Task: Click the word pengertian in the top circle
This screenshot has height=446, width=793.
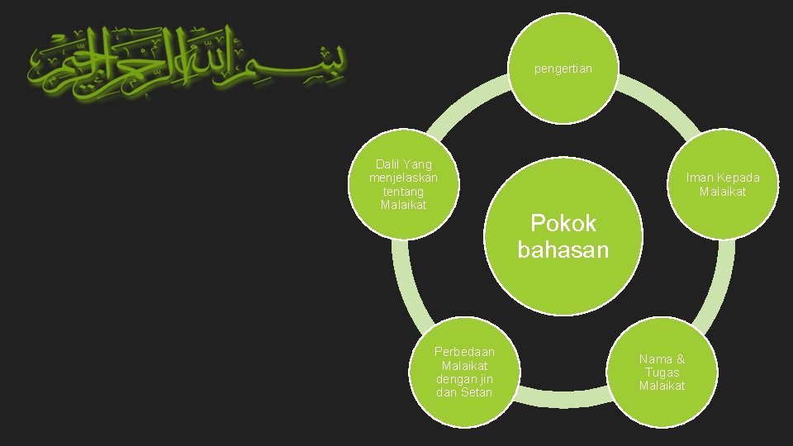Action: pyautogui.click(x=563, y=69)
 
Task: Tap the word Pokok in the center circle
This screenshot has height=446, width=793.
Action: pyautogui.click(x=563, y=223)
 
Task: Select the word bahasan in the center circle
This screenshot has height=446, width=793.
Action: pyautogui.click(x=563, y=249)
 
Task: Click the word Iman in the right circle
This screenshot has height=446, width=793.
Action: pyautogui.click(x=700, y=178)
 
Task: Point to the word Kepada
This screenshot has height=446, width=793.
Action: pyautogui.click(x=738, y=178)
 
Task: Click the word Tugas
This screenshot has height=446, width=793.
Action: pyautogui.click(x=662, y=372)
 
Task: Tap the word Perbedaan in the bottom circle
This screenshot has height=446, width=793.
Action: pyautogui.click(x=464, y=352)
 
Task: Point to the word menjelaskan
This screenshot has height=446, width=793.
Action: pyautogui.click(x=403, y=178)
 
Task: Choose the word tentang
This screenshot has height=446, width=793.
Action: pyautogui.click(x=403, y=191)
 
